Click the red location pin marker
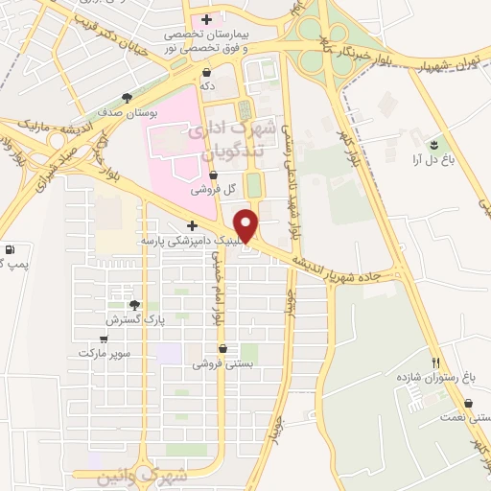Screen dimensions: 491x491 click(x=246, y=225)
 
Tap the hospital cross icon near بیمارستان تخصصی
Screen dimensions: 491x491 click(x=206, y=19)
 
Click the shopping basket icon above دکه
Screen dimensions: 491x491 click(x=207, y=72)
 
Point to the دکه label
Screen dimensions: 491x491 click(x=206, y=85)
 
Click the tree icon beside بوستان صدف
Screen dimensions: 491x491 click(x=128, y=98)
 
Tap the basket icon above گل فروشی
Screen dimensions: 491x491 click(x=213, y=175)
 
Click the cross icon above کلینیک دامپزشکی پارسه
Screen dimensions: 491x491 click(x=193, y=226)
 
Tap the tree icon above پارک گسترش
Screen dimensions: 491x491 click(x=134, y=305)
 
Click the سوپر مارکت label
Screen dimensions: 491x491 click(x=105, y=352)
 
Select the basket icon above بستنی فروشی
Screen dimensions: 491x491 click(x=222, y=349)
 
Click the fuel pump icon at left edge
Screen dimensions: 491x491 click(x=8, y=248)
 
